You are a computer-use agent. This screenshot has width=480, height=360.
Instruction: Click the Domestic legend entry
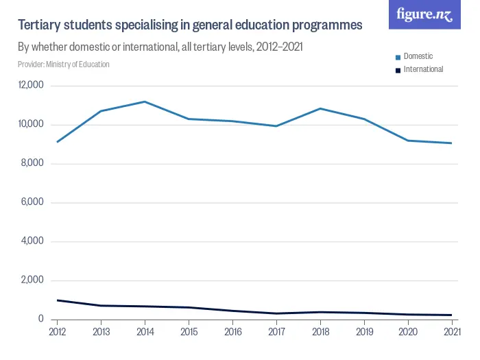point(418,56)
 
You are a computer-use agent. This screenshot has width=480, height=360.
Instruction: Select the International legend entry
point(422,69)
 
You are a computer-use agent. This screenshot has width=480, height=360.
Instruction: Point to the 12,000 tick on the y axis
point(31,86)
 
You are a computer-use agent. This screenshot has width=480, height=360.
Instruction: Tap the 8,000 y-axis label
point(33,163)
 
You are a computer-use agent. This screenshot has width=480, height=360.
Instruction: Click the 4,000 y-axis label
point(33,241)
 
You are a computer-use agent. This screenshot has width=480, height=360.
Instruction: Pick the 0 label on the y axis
point(41,319)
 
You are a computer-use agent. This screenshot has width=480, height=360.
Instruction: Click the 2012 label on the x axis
point(57,333)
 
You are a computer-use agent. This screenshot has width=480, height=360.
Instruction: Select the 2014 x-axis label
point(145,333)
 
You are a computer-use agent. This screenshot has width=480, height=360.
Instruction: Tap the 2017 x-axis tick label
point(276,333)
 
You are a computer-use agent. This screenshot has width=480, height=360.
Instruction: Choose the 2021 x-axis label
point(451,333)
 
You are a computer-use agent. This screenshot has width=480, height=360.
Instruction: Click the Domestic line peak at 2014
point(145,101)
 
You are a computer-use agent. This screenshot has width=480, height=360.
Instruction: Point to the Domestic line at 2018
point(320,108)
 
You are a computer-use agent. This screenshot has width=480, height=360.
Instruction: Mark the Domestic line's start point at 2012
point(57,142)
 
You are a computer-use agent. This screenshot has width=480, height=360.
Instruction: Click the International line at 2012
point(57,300)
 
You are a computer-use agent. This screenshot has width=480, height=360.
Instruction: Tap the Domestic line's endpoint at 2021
point(451,143)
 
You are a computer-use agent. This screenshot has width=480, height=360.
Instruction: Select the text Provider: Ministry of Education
point(64,64)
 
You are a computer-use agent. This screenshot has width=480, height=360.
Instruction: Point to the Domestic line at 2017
point(276,126)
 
